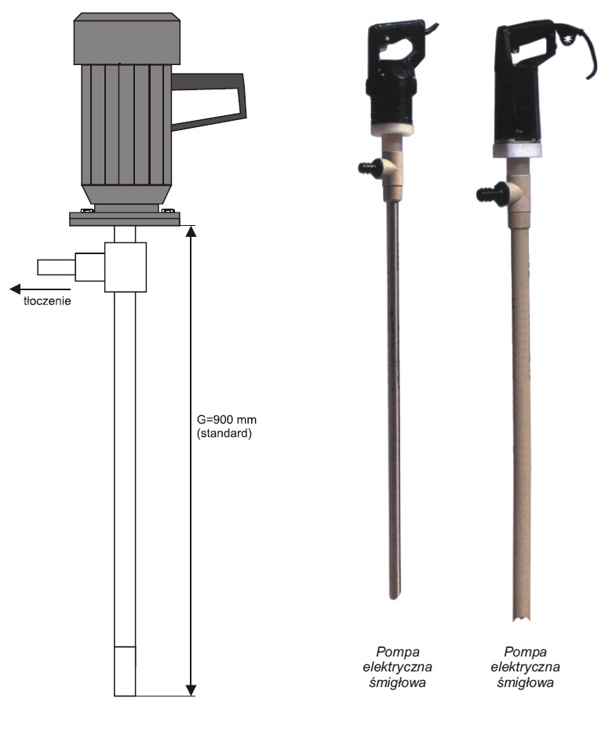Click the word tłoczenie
pos(47,300)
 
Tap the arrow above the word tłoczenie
pos(40,289)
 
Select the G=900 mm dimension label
pos(227,420)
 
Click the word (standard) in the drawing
pos(224,434)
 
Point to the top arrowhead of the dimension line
pos(191,231)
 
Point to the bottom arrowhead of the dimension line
pos(191,690)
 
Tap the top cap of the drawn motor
pos(126,38)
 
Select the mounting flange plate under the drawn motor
pos(125,219)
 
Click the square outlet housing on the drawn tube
pos(125,267)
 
